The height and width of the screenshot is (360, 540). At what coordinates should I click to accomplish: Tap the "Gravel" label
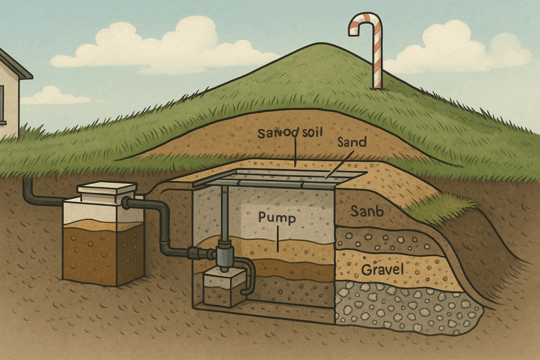click(x=382, y=271)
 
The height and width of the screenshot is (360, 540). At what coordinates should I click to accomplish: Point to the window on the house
click(x=2, y=105)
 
